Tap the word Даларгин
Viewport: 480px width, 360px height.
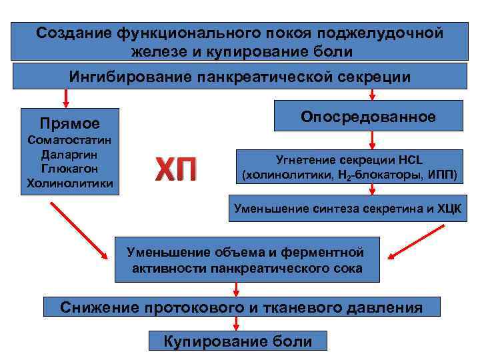tap(69, 155)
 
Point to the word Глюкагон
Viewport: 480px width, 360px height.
tap(69, 169)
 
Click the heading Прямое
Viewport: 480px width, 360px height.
tap(69, 123)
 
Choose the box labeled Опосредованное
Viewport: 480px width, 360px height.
tap(368, 117)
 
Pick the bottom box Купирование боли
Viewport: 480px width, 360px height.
tap(238, 341)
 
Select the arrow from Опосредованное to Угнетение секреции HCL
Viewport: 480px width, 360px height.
tap(373, 140)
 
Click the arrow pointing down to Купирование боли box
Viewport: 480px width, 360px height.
tap(237, 323)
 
